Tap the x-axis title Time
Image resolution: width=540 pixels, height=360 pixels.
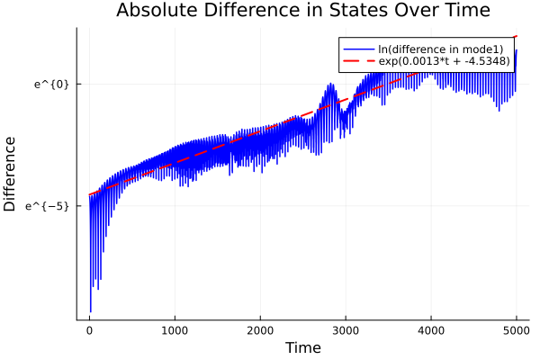pyautogui.click(x=302, y=347)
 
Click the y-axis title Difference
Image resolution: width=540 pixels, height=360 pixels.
pyautogui.click(x=11, y=174)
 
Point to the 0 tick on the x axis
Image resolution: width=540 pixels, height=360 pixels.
pyautogui.click(x=89, y=329)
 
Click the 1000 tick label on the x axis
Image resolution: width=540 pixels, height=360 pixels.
pyautogui.click(x=175, y=329)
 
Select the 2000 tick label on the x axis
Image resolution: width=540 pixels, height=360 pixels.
pyautogui.click(x=260, y=329)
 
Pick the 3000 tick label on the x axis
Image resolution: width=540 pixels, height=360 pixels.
pyautogui.click(x=346, y=329)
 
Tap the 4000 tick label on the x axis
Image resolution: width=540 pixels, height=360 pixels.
pyautogui.click(x=431, y=329)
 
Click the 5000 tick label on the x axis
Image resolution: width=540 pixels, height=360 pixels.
pyautogui.click(x=516, y=329)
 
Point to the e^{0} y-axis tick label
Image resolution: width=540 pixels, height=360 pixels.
pyautogui.click(x=52, y=84)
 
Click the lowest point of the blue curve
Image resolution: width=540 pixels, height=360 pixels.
pyautogui.click(x=90, y=312)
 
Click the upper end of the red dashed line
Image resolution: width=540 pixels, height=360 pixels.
pyautogui.click(x=517, y=36)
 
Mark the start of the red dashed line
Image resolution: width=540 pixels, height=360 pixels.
pyautogui.click(x=89, y=194)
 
